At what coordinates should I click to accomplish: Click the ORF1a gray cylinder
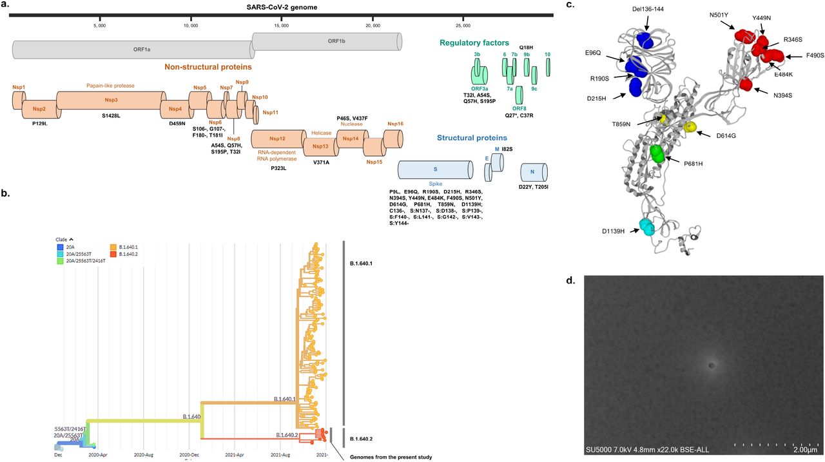(132, 50)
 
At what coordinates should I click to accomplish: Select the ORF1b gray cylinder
(327, 41)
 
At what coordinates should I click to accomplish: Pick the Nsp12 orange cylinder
(277, 139)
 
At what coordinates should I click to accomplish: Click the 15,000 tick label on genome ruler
(281, 26)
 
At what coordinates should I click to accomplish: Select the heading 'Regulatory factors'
(474, 43)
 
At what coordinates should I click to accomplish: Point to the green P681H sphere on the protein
(657, 153)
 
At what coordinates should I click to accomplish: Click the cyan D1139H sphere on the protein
(645, 227)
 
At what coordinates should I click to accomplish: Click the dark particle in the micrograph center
(712, 365)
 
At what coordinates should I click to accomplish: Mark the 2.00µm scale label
(804, 450)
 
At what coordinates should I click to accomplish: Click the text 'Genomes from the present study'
(390, 457)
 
